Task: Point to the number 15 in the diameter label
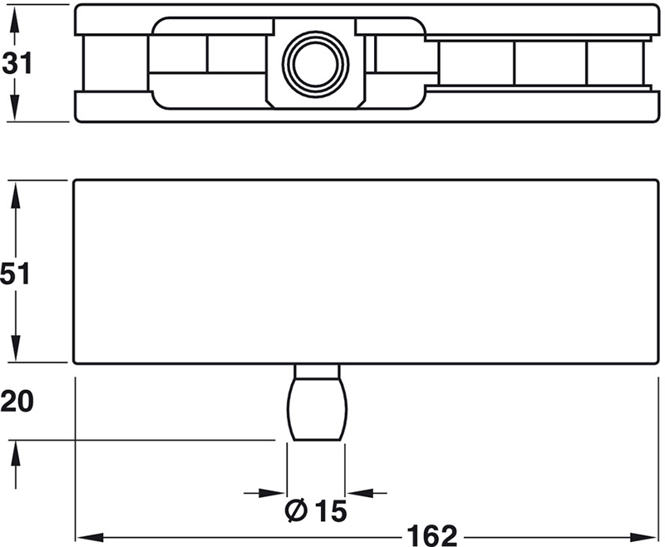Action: [x=331, y=509]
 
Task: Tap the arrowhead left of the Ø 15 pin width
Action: [x=278, y=492]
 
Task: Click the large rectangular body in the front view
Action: [x=366, y=271]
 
